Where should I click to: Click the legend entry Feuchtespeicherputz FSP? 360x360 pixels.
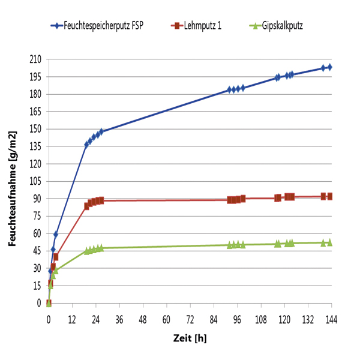point(103,26)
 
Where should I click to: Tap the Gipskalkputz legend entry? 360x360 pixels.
point(283,26)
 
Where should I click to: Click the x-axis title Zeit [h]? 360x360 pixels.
point(190,337)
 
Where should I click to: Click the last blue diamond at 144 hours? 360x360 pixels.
point(329,67)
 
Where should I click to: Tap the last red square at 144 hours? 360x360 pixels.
point(329,196)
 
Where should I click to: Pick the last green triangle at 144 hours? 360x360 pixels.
point(329,242)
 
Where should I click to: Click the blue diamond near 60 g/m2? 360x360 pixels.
point(56,234)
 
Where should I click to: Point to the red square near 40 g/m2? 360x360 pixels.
point(56,257)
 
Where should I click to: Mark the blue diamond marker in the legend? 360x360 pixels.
point(55,26)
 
